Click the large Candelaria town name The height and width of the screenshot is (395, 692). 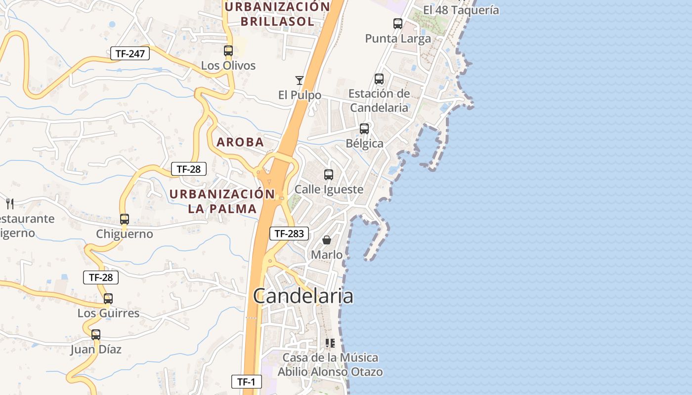(x=303, y=296)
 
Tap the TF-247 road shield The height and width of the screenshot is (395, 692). (x=130, y=53)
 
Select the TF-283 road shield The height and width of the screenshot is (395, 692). (x=289, y=234)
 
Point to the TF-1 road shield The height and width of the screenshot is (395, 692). (x=246, y=381)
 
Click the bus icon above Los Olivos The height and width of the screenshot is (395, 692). (x=228, y=50)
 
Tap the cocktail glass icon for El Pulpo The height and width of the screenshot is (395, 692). (x=299, y=80)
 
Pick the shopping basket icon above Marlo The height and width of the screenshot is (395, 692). (x=327, y=240)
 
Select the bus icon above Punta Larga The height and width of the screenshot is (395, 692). (x=397, y=23)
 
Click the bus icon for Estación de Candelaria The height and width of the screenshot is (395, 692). (x=379, y=79)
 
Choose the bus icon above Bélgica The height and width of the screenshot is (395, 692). (x=364, y=128)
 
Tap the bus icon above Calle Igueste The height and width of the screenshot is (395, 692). (x=329, y=174)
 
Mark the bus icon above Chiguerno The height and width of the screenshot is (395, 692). (x=125, y=219)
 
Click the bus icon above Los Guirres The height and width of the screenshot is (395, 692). (x=108, y=298)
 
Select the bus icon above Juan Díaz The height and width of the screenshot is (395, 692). (x=96, y=334)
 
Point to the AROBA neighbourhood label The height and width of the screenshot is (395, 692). (x=240, y=142)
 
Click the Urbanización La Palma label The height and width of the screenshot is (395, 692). (x=222, y=201)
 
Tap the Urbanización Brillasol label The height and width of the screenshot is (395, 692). (x=277, y=14)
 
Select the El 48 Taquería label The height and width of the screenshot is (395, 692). (x=461, y=10)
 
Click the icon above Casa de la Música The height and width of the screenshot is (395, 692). (x=330, y=343)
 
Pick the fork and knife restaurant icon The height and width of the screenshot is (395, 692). (x=10, y=203)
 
